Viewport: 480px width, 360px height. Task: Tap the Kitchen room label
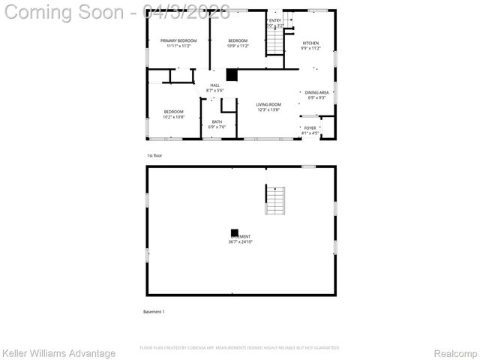tap(310, 43)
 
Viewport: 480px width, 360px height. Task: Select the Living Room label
tap(268, 104)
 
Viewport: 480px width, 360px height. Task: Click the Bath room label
tap(217, 121)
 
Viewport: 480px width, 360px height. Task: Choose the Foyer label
tap(310, 127)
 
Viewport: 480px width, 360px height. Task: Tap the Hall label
tap(215, 85)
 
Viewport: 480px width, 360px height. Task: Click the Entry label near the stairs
tap(275, 20)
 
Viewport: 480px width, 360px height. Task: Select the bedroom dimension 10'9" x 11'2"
tap(238, 46)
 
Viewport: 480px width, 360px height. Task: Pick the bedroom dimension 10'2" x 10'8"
tap(173, 117)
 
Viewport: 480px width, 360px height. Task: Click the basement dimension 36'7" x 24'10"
tap(240, 241)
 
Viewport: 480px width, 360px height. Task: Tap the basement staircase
tap(275, 200)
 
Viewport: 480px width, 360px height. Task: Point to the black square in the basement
tap(235, 232)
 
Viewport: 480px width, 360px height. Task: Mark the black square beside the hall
tap(232, 75)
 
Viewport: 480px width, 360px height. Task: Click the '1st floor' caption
tap(154, 155)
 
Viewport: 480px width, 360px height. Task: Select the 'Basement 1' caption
tap(154, 311)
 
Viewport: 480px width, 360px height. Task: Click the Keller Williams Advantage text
tap(58, 352)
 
